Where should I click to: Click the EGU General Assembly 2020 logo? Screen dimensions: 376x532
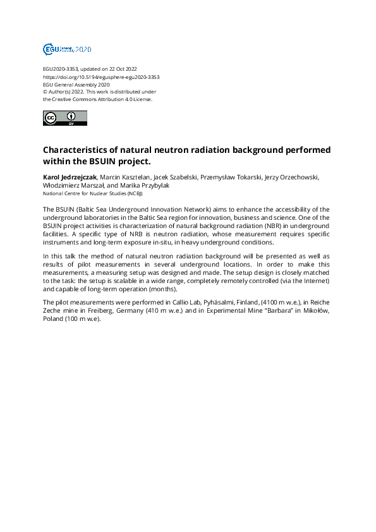click(x=66, y=49)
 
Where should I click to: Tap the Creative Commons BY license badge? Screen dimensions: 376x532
click(x=64, y=118)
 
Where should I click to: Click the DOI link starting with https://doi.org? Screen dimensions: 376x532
click(x=100, y=76)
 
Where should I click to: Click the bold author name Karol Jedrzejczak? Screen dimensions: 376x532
click(x=70, y=177)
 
